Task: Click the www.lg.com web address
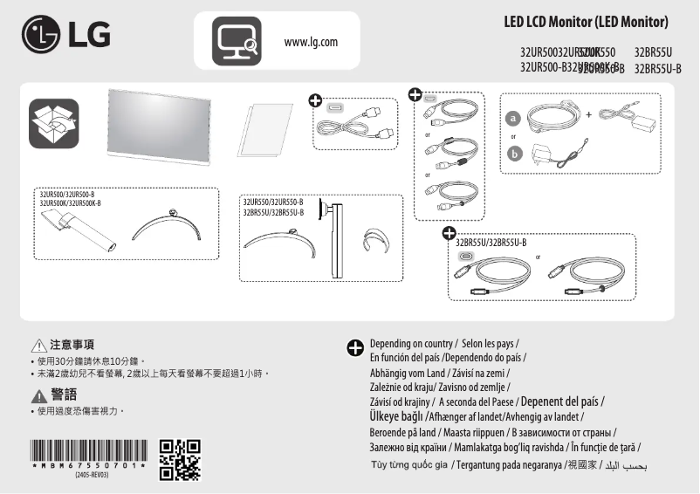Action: [311, 42]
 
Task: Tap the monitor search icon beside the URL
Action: [237, 41]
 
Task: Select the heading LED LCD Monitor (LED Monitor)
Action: [586, 21]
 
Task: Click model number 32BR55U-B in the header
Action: [658, 67]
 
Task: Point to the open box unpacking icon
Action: [53, 123]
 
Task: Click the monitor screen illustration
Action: [158, 127]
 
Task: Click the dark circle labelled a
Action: [514, 118]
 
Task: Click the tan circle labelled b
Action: [514, 154]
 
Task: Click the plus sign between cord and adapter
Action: [588, 114]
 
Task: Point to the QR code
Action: [181, 460]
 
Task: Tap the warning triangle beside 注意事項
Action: [37, 345]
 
